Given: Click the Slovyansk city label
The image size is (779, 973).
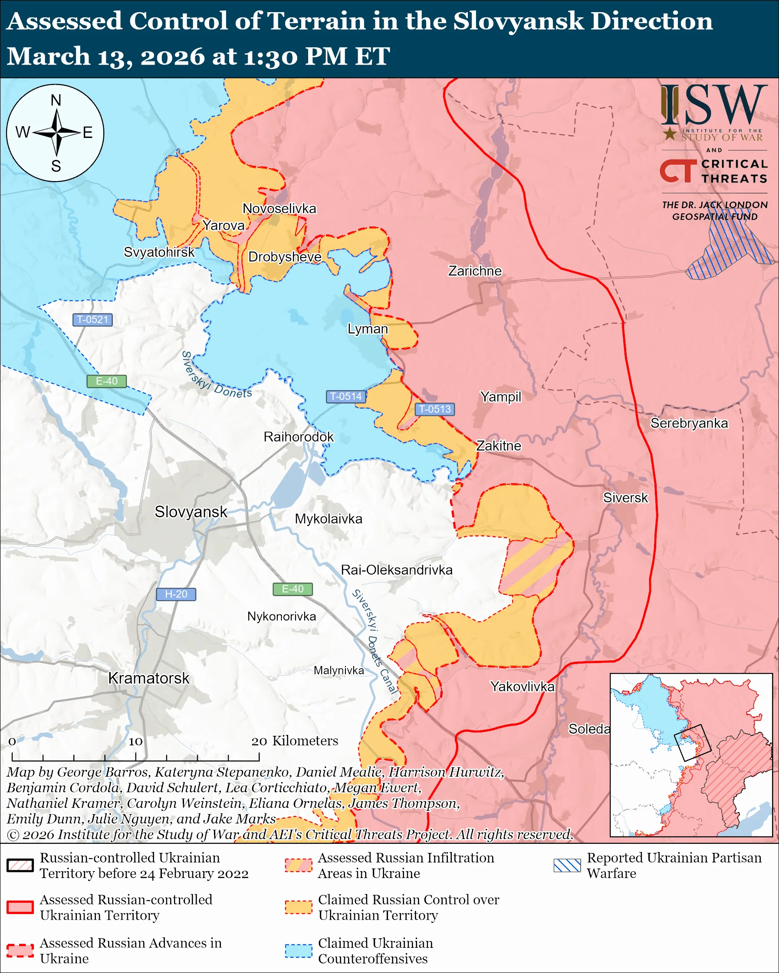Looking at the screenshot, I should pos(191,512).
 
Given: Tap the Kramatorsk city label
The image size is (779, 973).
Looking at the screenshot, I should pos(148,678).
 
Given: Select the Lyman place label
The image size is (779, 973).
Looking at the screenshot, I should pos(367,329).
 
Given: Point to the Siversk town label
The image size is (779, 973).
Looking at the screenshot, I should pos(625,497).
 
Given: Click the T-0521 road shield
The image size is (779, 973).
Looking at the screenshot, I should pos(92,320).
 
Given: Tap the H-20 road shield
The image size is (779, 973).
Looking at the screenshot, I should pos(176,594).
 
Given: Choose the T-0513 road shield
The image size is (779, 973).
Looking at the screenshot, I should pos(434,409).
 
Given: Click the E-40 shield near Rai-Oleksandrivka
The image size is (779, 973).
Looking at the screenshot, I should pos(293,589).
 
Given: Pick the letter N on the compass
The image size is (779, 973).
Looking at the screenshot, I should pos(56,100).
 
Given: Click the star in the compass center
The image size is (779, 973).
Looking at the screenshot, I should pos(56,133).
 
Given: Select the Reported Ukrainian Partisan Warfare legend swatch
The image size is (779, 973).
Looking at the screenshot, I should pos(567,865).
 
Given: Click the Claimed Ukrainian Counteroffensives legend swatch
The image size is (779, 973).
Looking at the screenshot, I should pos(298,950).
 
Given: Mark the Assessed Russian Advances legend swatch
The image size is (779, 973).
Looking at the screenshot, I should pos(20,950).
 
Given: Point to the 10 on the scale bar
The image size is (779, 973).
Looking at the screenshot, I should pos(135,741).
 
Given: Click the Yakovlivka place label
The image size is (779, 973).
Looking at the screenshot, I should pos(522,686).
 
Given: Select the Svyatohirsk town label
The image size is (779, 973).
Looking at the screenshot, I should pos(159,252).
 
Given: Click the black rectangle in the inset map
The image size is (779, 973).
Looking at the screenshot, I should pos(692,743).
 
